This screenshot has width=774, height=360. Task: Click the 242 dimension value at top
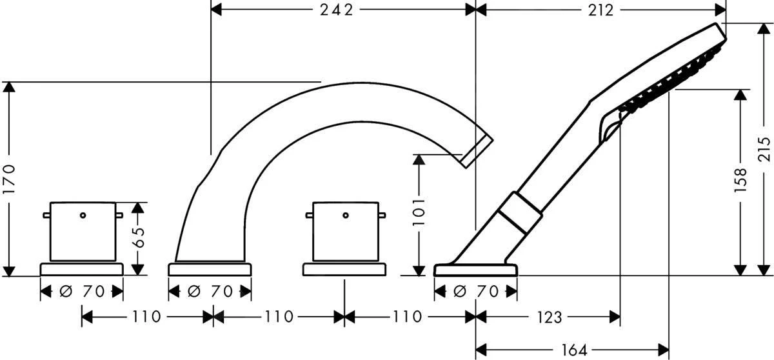(337, 10)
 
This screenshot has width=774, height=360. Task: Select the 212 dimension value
(601, 10)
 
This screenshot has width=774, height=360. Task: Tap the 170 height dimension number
(9, 179)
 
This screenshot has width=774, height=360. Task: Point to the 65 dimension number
(139, 237)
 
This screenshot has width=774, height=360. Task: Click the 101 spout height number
(419, 212)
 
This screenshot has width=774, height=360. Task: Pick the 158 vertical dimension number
(740, 181)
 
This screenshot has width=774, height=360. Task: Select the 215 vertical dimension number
(764, 149)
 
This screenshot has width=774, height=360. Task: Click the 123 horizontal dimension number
(550, 317)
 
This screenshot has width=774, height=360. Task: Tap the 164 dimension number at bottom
(574, 350)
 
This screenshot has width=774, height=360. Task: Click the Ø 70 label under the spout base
(210, 292)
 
